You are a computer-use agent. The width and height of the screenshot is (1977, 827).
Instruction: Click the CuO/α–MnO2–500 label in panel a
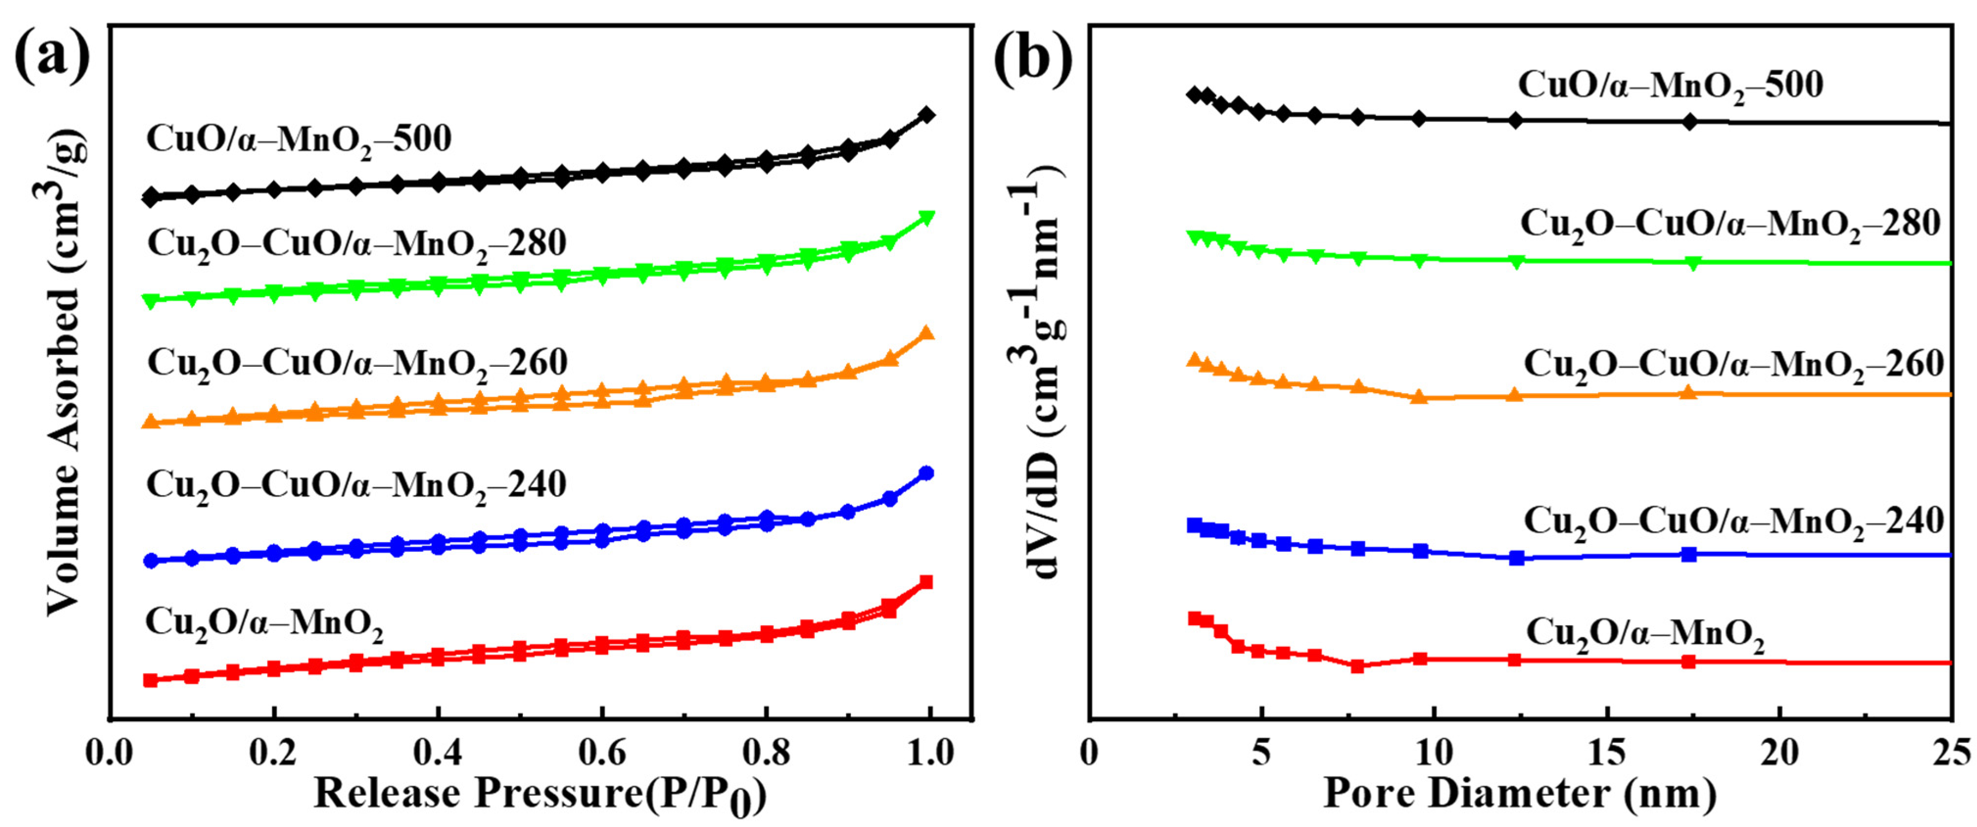point(299,140)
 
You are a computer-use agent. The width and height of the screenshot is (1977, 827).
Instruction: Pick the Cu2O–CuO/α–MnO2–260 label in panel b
point(1733,365)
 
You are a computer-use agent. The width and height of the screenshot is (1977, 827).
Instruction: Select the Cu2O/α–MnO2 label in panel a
point(263,623)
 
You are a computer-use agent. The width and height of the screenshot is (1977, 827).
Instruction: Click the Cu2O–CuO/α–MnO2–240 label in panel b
point(1733,522)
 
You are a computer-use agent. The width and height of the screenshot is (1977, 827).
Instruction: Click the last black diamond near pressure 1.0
point(926,115)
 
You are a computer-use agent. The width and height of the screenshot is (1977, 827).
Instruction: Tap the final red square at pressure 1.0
point(926,582)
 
